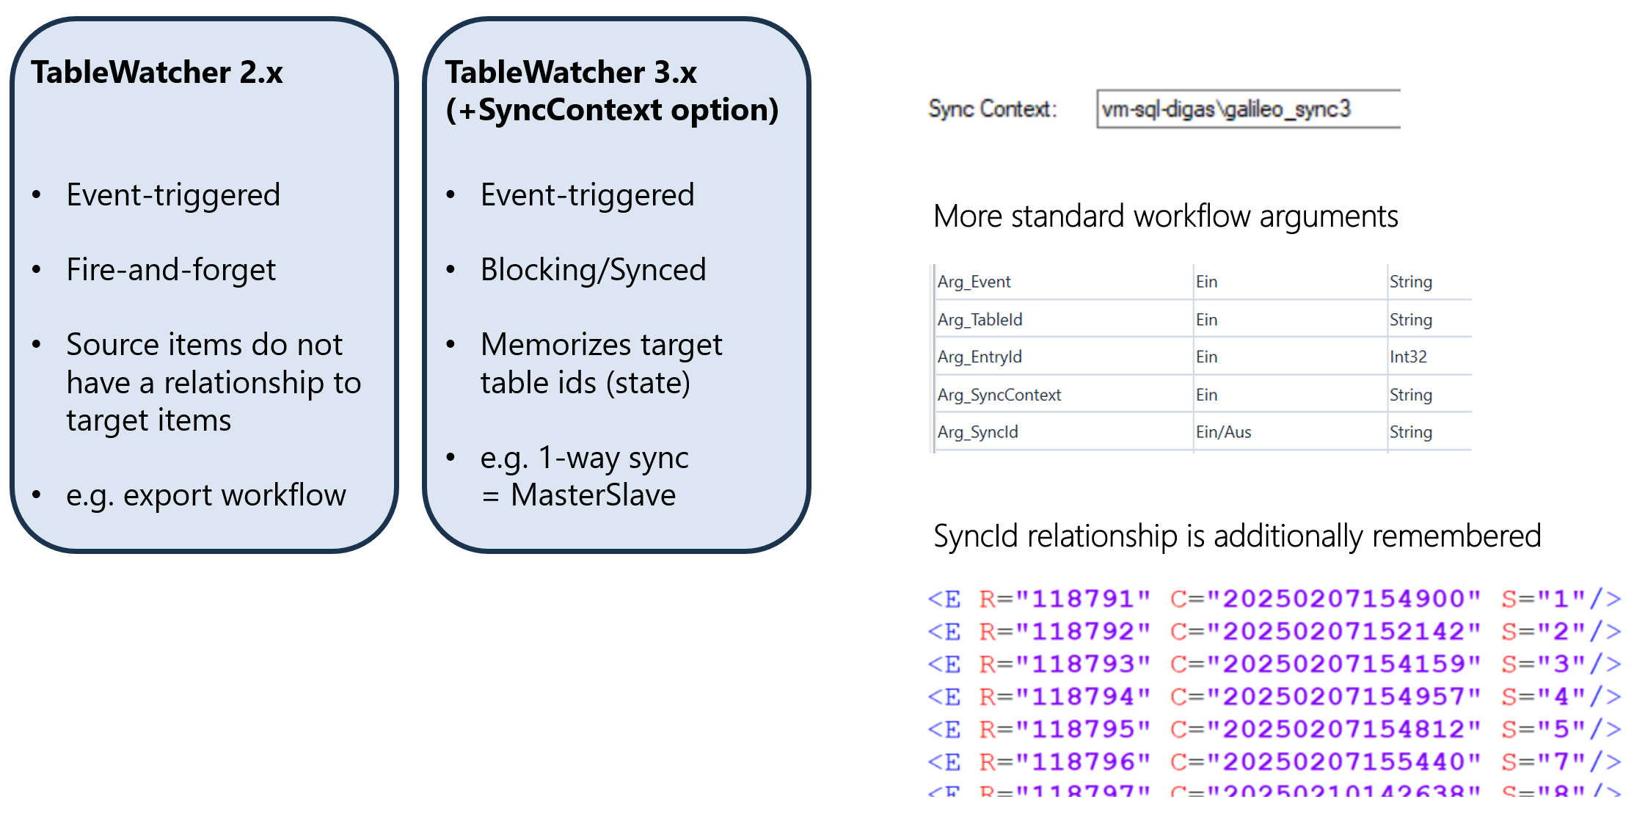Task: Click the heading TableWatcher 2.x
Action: pyautogui.click(x=157, y=73)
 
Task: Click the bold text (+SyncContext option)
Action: pyautogui.click(x=612, y=110)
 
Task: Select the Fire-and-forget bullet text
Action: pyautogui.click(x=171, y=270)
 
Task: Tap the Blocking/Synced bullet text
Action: pyautogui.click(x=593, y=270)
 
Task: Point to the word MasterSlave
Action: pyautogui.click(x=593, y=495)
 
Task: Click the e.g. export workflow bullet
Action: pyautogui.click(x=205, y=495)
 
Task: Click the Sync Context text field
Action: pyautogui.click(x=1247, y=109)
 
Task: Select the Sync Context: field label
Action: pyautogui.click(x=992, y=109)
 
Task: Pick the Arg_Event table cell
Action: pyautogui.click(x=974, y=282)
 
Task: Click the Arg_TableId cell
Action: pyautogui.click(x=980, y=320)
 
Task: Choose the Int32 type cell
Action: pyautogui.click(x=1408, y=357)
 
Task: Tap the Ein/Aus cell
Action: pyautogui.click(x=1223, y=432)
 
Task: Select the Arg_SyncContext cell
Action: pyautogui.click(x=999, y=395)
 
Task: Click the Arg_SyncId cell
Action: pyautogui.click(x=977, y=432)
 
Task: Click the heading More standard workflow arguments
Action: pyautogui.click(x=1165, y=216)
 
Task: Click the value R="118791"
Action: pyautogui.click(x=1064, y=599)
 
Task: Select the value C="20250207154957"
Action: pyautogui.click(x=1325, y=696)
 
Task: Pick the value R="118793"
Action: pyautogui.click(x=1064, y=664)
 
